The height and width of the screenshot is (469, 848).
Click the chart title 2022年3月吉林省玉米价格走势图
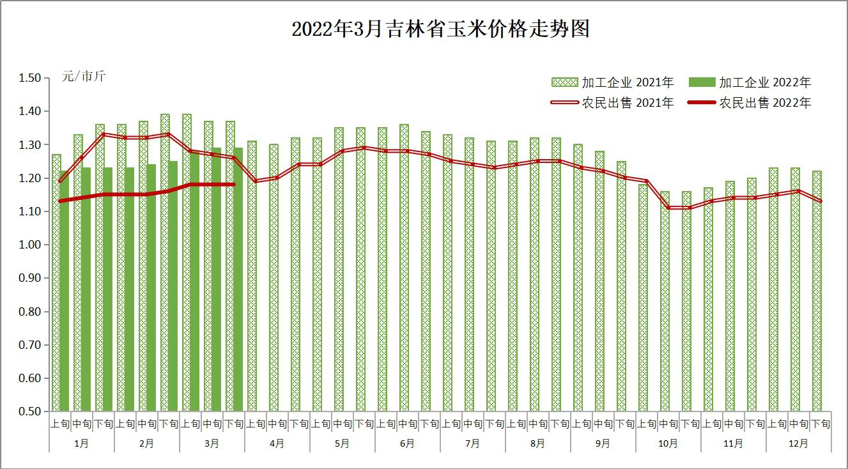click(440, 29)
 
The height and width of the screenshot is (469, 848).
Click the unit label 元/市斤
click(84, 77)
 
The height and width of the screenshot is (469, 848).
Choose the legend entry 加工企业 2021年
click(612, 82)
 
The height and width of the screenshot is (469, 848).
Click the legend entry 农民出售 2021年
click(612, 103)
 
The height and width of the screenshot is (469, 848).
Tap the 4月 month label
click(277, 443)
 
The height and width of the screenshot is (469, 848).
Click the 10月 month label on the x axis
click(668, 443)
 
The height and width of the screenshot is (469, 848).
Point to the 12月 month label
click(798, 443)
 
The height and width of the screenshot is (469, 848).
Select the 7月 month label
click(472, 443)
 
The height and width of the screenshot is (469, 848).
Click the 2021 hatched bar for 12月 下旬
click(817, 291)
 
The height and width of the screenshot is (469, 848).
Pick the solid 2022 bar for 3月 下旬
click(238, 279)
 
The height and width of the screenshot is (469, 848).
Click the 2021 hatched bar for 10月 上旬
click(643, 297)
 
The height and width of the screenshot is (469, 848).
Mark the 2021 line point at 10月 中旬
click(668, 208)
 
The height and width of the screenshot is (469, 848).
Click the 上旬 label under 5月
click(320, 423)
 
